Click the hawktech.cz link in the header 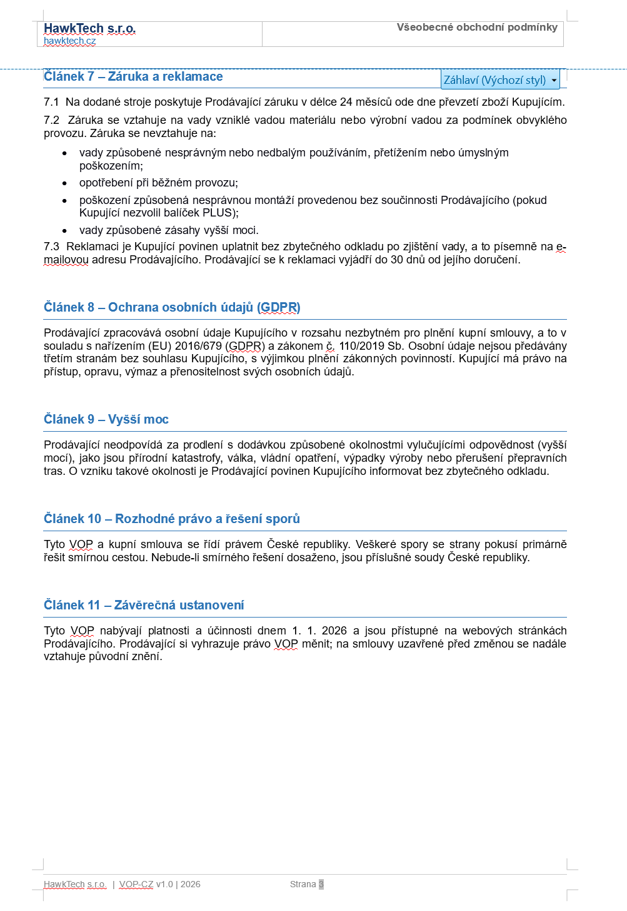[69, 41]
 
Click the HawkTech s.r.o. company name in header [89, 28]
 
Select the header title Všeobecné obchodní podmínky [476, 27]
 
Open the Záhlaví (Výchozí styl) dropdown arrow [554, 80]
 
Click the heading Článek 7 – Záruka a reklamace [133, 76]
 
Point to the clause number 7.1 [51, 102]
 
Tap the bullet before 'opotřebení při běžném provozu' [64, 183]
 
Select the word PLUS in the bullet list [217, 213]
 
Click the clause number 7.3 [51, 247]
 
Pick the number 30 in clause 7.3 [397, 260]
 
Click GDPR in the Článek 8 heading [279, 307]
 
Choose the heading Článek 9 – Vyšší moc [106, 419]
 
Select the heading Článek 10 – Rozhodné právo [172, 519]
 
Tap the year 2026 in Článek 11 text [334, 631]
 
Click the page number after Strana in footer [321, 884]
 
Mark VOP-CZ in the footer [136, 884]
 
